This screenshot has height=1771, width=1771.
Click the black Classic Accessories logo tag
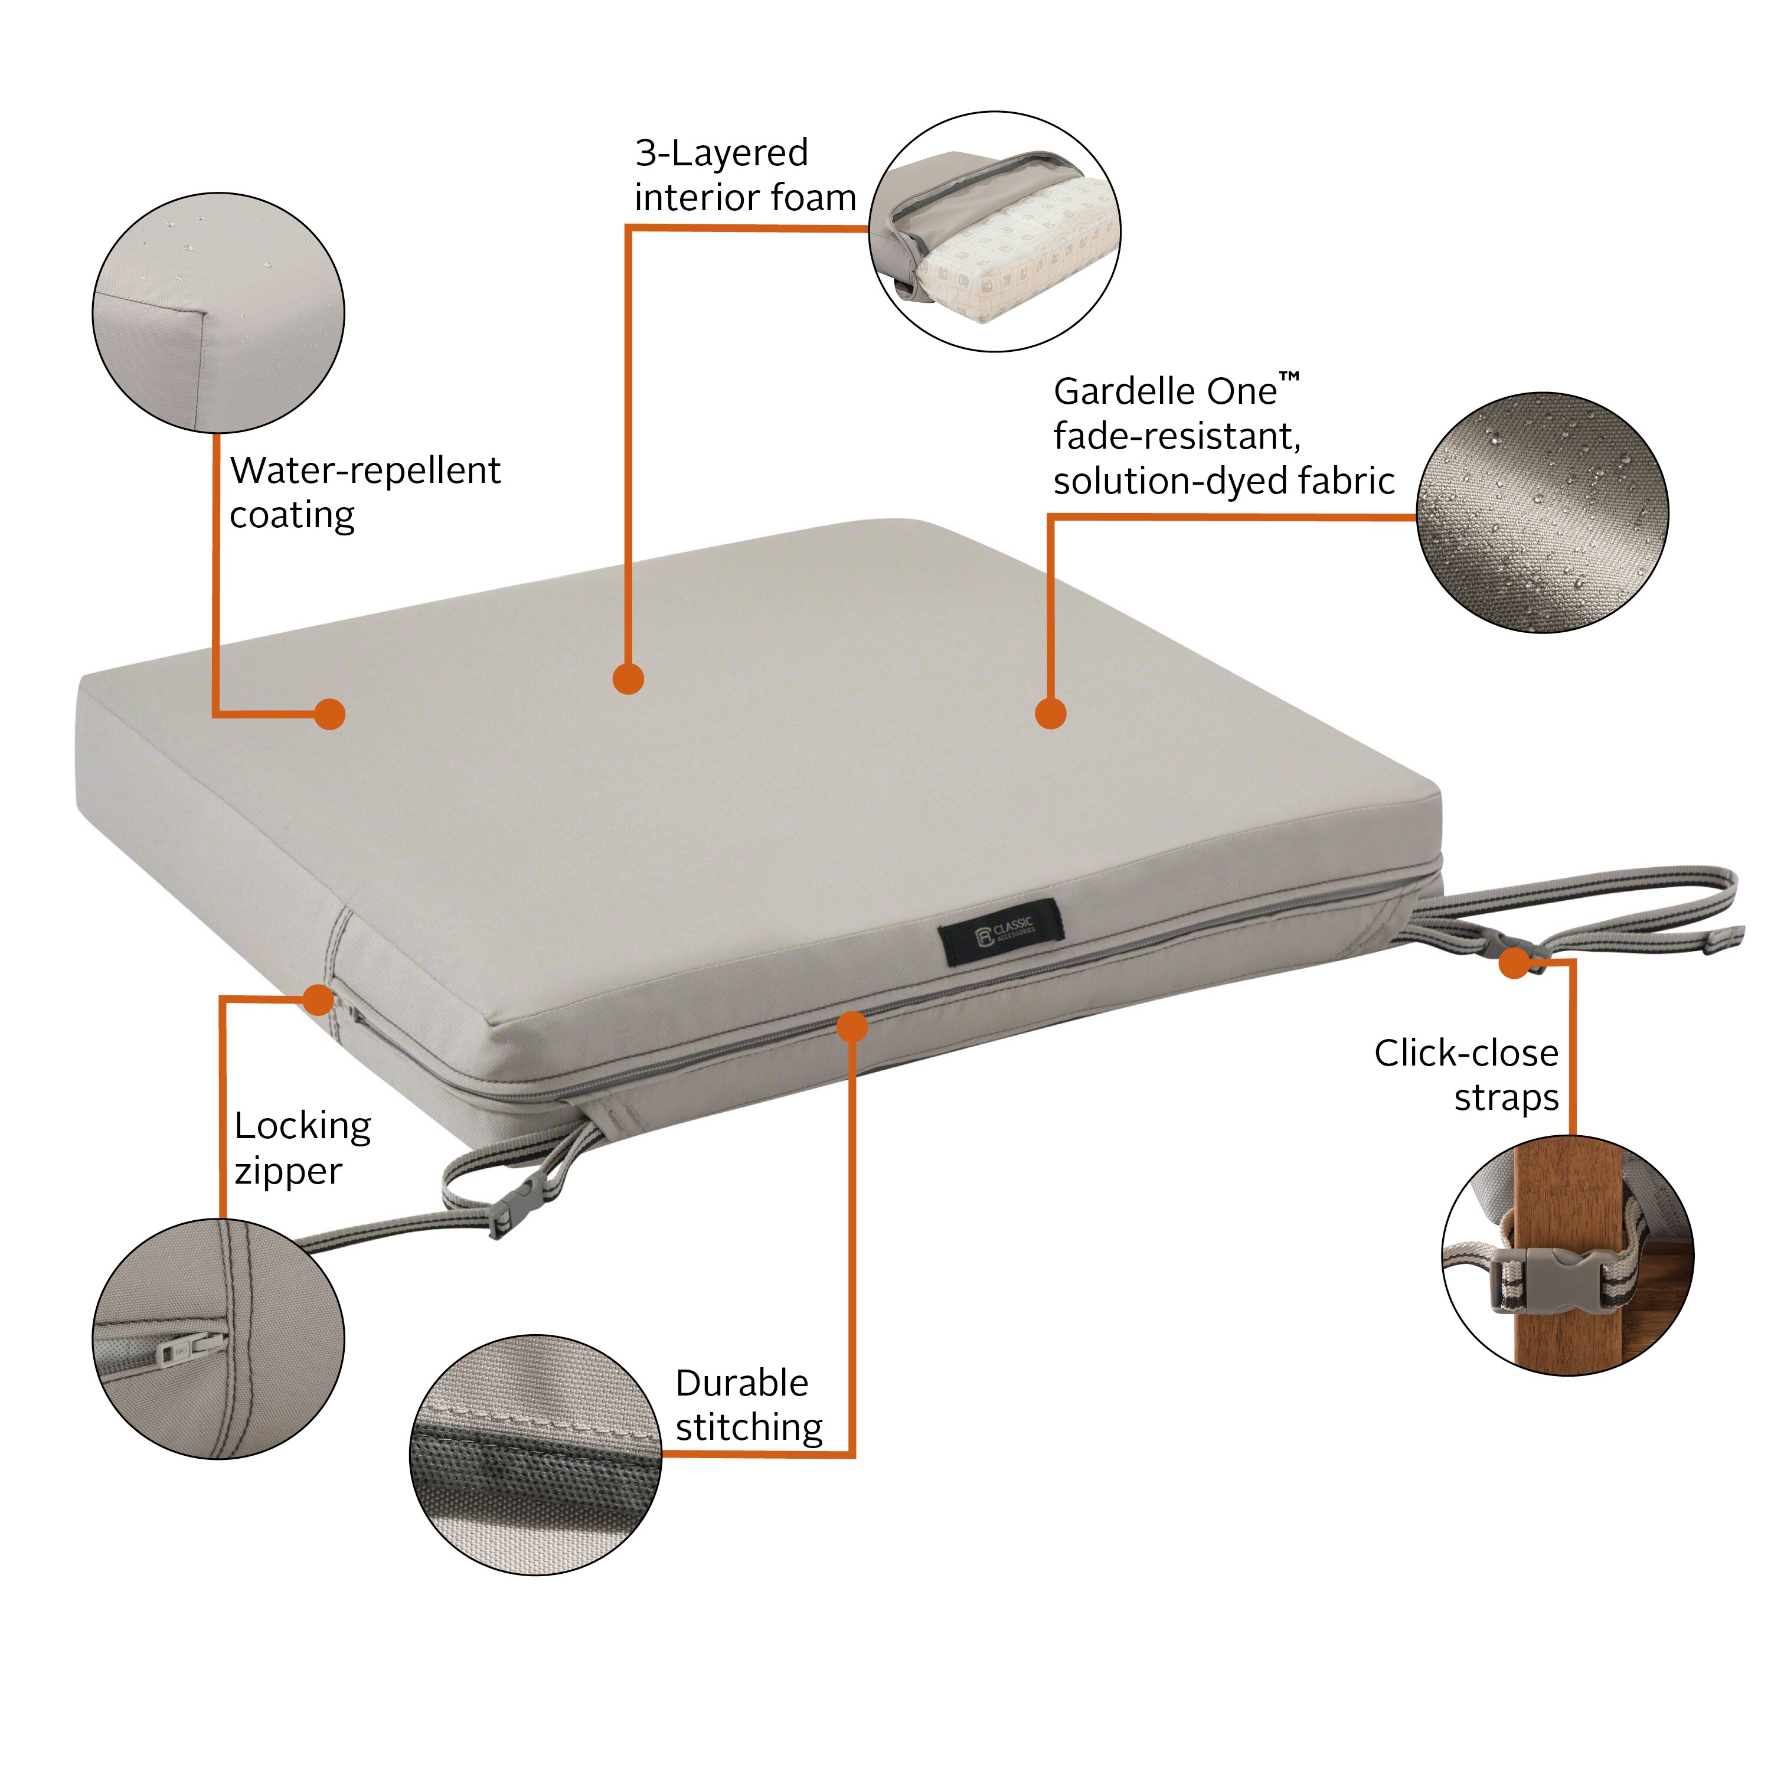click(1002, 932)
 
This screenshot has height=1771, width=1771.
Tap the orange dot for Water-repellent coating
click(329, 714)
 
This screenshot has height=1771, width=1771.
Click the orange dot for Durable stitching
click(852, 1026)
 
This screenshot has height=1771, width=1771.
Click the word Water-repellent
click(365, 470)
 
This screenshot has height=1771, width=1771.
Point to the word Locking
click(302, 1126)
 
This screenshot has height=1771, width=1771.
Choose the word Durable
click(741, 1383)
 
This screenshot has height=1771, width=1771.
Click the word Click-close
click(1466, 1053)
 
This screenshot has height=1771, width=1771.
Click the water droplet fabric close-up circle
click(1543, 512)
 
